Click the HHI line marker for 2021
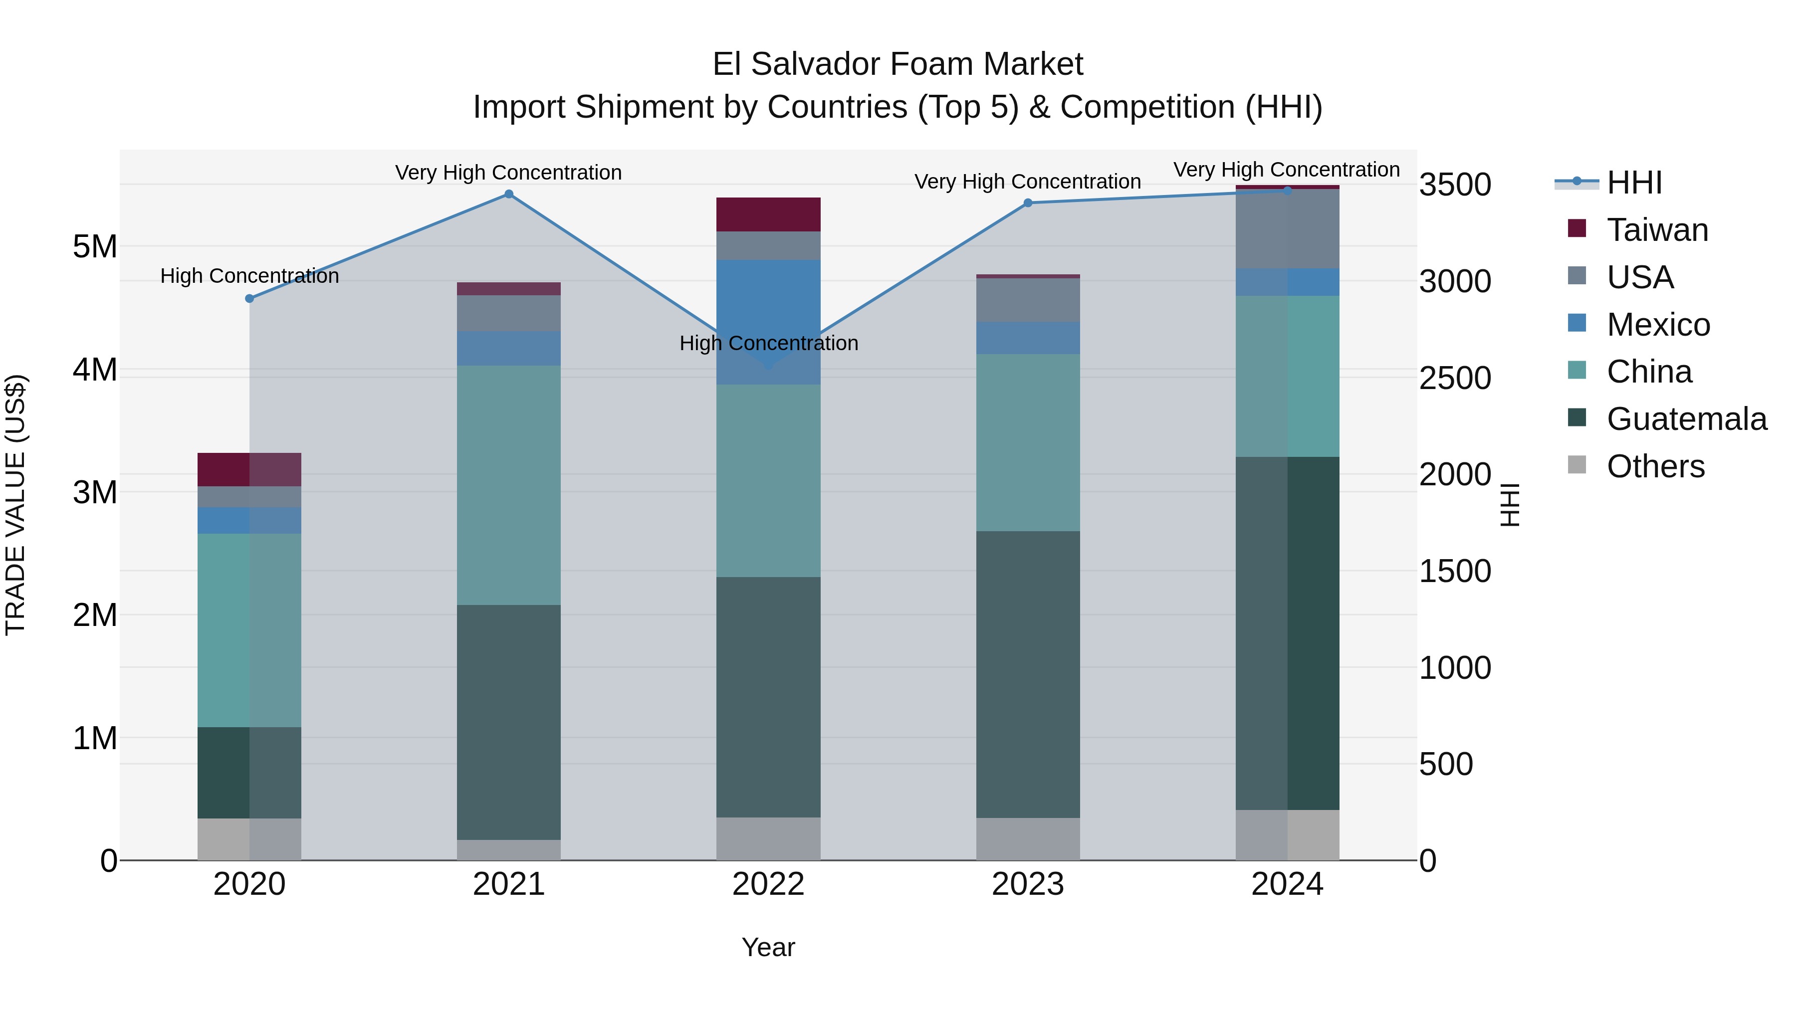coord(509,194)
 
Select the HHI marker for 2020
coord(249,298)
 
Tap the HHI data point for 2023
coord(1028,203)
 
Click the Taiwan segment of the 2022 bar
coord(768,214)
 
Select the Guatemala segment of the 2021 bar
coord(509,721)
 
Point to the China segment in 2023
coord(1028,442)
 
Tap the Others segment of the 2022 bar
coord(768,838)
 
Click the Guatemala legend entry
coord(1686,419)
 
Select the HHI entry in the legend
coord(1634,183)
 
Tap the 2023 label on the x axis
coord(1028,884)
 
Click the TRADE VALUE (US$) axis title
coord(15,505)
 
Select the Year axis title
coord(768,947)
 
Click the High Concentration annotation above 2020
coord(249,276)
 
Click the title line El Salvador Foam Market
coord(898,64)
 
